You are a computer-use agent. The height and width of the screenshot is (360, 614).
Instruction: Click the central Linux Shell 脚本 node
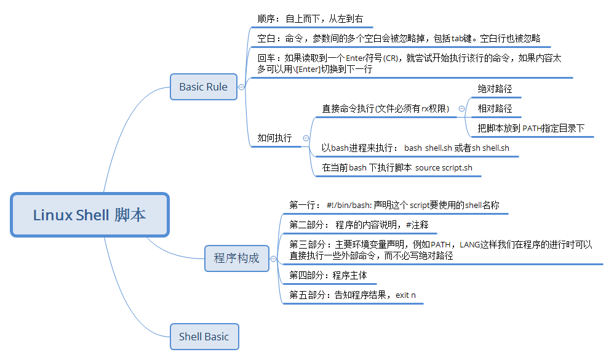(x=89, y=215)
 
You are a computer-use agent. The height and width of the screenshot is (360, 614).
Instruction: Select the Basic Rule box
(x=203, y=87)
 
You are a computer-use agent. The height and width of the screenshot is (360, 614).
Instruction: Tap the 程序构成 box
(x=236, y=258)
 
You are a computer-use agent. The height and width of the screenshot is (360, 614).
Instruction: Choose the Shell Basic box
(x=204, y=337)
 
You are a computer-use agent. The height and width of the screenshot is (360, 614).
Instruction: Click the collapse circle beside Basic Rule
(x=241, y=87)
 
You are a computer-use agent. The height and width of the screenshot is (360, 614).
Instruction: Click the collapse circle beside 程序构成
(x=274, y=258)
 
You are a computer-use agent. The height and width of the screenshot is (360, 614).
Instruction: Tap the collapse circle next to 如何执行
(x=306, y=138)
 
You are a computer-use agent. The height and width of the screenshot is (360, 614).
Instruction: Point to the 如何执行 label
(x=274, y=138)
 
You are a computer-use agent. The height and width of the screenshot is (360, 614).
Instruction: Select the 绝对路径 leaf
(x=495, y=89)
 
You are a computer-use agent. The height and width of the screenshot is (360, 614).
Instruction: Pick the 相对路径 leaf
(x=495, y=109)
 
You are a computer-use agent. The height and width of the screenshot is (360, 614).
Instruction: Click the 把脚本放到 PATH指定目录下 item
(x=531, y=129)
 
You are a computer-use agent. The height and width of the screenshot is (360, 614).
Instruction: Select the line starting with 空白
(x=399, y=38)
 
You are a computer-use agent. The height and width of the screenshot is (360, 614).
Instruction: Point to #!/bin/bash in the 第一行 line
(x=348, y=204)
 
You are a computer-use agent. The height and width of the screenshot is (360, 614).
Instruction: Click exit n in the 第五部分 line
(x=405, y=295)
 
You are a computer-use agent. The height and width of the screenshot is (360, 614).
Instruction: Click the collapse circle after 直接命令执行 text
(x=462, y=109)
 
